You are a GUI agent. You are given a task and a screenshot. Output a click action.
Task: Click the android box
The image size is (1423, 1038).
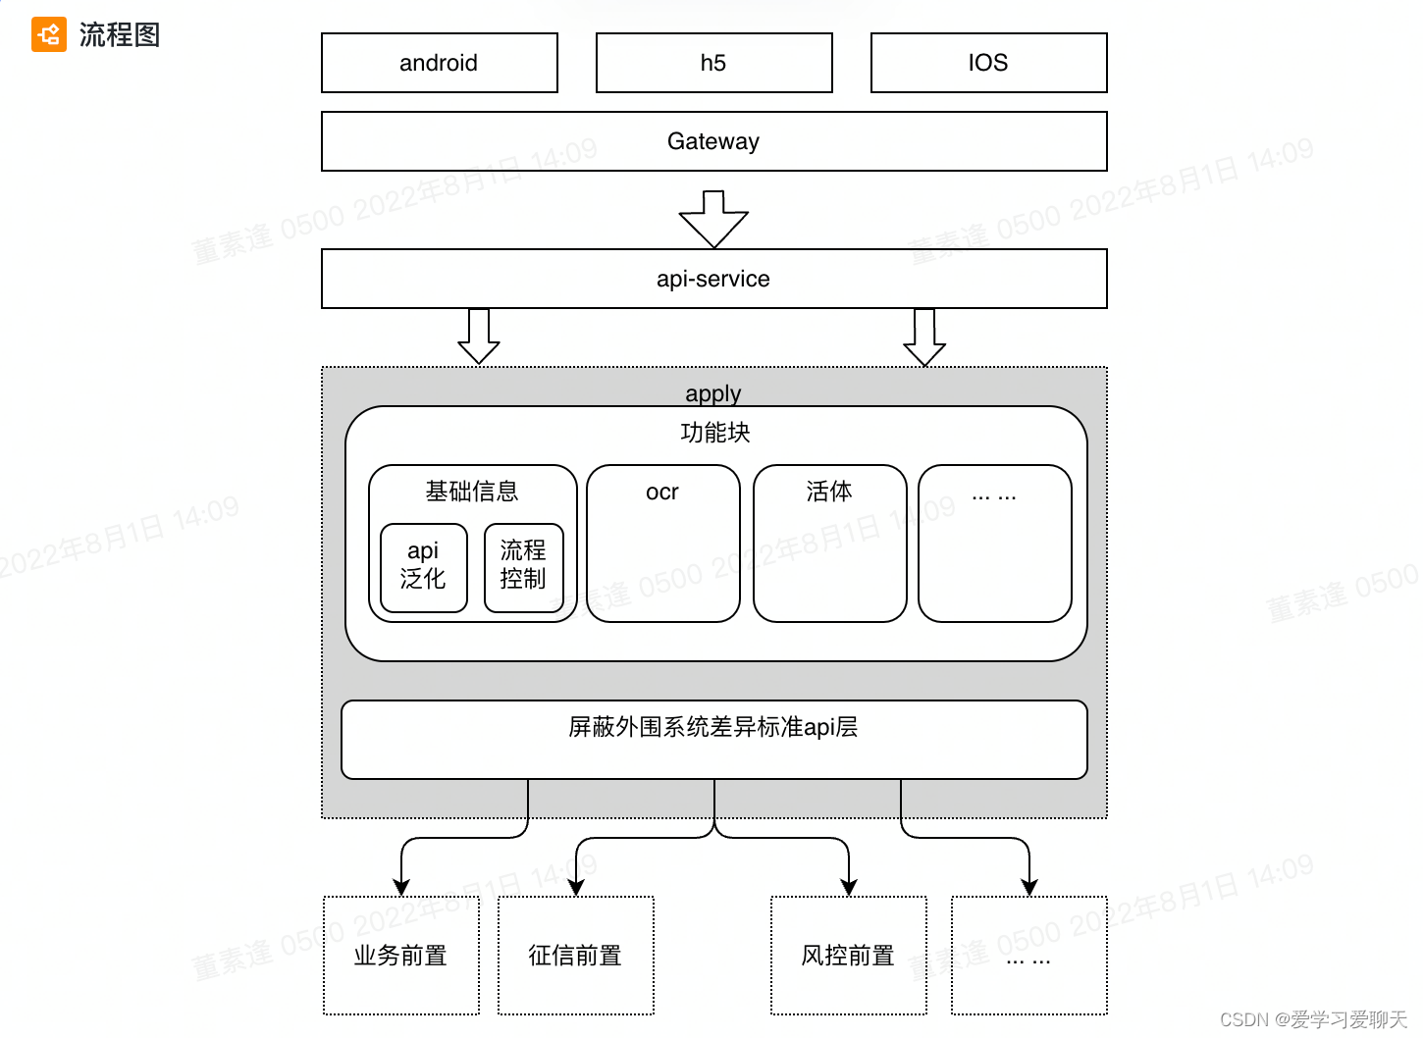pyautogui.click(x=439, y=63)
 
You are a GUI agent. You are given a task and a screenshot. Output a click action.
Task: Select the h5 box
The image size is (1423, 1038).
pyautogui.click(x=713, y=63)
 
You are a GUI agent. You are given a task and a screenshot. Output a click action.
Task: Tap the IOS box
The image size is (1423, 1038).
pyautogui.click(x=988, y=63)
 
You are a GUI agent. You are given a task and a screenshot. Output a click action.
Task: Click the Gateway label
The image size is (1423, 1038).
pyautogui.click(x=713, y=141)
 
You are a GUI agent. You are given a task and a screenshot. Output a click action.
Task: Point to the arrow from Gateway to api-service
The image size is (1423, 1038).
pyautogui.click(x=713, y=219)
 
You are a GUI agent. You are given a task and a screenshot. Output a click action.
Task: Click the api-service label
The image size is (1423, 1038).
pyautogui.click(x=713, y=279)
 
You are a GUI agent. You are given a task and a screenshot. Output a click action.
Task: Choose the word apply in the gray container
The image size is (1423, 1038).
pyautogui.click(x=713, y=393)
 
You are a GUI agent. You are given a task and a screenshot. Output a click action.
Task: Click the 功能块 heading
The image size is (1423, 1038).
pyautogui.click(x=714, y=433)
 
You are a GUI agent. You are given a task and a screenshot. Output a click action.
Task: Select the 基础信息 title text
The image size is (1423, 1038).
pyautogui.click(x=472, y=492)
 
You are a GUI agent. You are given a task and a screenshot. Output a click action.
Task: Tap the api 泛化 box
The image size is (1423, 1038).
pyautogui.click(x=423, y=566)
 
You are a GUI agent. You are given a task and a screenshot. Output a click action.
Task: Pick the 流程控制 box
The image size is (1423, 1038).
pyautogui.click(x=523, y=566)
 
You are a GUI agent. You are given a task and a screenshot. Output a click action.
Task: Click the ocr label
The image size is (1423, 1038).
pyautogui.click(x=662, y=493)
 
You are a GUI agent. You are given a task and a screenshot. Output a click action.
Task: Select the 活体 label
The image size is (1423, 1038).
pyautogui.click(x=829, y=492)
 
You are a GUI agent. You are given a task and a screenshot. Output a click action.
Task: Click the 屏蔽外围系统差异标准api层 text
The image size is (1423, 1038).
pyautogui.click(x=713, y=727)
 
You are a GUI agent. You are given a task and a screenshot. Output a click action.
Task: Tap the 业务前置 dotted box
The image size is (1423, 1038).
pyautogui.click(x=401, y=955)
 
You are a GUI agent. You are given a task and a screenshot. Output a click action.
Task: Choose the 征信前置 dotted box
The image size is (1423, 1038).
pyautogui.click(x=576, y=955)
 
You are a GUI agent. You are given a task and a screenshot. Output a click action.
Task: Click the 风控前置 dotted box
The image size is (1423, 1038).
pyautogui.click(x=849, y=955)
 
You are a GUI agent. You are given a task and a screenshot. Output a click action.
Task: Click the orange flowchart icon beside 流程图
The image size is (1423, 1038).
pyautogui.click(x=48, y=35)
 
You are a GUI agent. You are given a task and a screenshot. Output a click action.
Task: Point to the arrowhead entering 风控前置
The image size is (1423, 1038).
pyautogui.click(x=849, y=887)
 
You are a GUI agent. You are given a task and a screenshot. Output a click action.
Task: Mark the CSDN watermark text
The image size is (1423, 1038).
pyautogui.click(x=1313, y=1019)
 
